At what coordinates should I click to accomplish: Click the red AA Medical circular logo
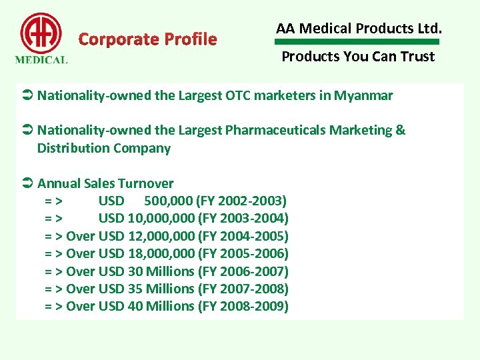(41, 33)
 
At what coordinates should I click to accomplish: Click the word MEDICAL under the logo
(41, 59)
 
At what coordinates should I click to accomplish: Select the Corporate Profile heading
(147, 39)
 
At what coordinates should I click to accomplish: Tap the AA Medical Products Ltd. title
(359, 29)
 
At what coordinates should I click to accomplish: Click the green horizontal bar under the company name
(359, 42)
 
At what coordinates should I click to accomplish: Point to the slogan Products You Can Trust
(358, 57)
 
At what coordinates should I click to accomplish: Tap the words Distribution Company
(104, 148)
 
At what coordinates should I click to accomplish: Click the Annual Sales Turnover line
(105, 183)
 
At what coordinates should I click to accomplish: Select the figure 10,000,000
(161, 219)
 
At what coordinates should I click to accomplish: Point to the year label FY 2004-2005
(243, 236)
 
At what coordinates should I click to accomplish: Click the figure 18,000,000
(161, 254)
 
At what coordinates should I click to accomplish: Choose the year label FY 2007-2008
(243, 289)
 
